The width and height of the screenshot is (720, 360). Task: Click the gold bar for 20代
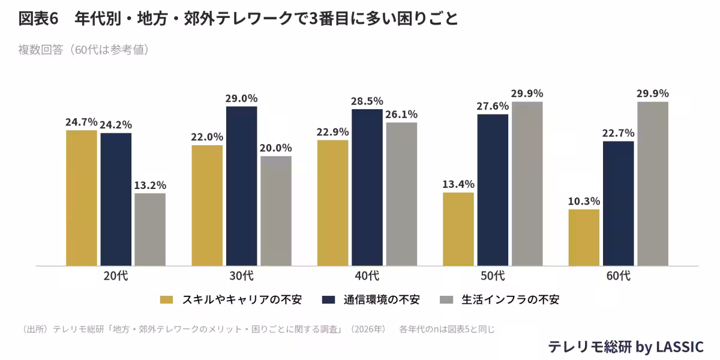coord(82,198)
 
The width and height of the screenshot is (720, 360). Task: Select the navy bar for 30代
coord(241,186)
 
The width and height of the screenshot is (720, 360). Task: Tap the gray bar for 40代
coord(401,194)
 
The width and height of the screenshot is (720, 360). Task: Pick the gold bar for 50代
coord(458,229)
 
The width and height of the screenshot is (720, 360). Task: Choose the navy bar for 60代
coord(618,204)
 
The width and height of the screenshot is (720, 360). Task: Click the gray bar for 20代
coord(150,229)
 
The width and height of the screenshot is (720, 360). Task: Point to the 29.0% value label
coord(241,98)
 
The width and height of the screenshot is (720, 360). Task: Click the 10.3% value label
coord(584,201)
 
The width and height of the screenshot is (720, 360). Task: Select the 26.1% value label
coord(401,114)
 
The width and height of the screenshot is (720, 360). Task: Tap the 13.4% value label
coord(458,184)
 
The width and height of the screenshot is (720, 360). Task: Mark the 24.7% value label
coord(82,122)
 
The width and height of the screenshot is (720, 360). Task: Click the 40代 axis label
coord(367,276)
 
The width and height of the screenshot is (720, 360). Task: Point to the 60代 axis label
coord(618,276)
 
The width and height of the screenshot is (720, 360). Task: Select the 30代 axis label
coord(241,276)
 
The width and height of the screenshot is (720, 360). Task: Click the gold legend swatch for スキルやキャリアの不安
coord(167,299)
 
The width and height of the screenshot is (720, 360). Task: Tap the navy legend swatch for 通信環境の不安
coord(328,299)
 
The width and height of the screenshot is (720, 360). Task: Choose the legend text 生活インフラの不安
coord(511,299)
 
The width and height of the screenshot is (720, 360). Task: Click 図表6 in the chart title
coord(38,19)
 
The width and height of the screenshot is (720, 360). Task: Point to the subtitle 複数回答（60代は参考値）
coord(84,50)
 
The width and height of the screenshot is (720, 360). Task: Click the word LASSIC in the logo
coord(679,347)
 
